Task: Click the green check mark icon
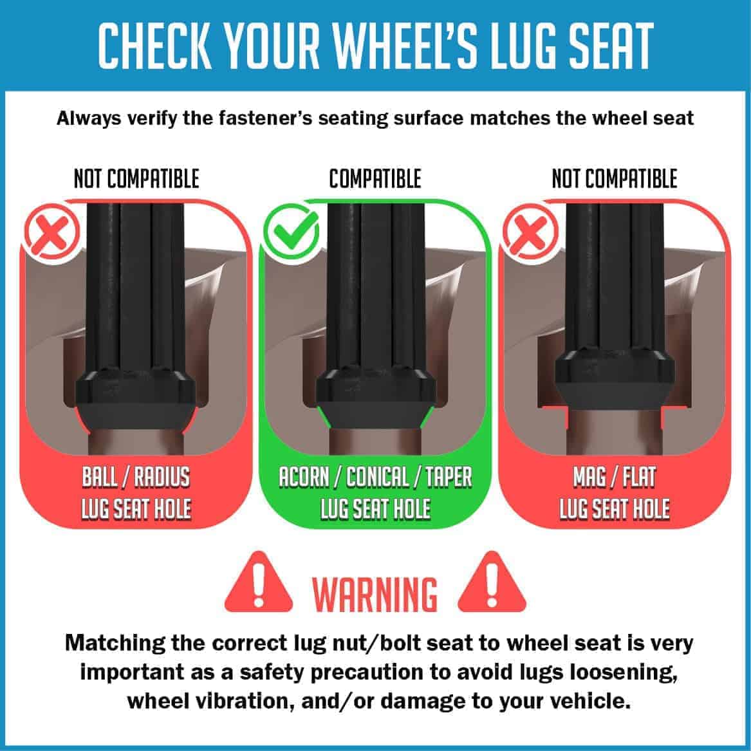[x=292, y=232]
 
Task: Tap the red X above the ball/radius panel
[x=53, y=232]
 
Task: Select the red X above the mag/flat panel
[x=530, y=232]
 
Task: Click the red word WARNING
[x=375, y=594]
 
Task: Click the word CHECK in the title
[x=155, y=46]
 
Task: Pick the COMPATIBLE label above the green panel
[x=375, y=179]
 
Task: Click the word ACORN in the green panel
[x=304, y=477]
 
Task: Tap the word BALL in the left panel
[x=100, y=477]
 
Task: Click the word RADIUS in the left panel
[x=162, y=477]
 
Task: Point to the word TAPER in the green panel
[x=449, y=477]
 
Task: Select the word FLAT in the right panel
[x=640, y=477]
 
